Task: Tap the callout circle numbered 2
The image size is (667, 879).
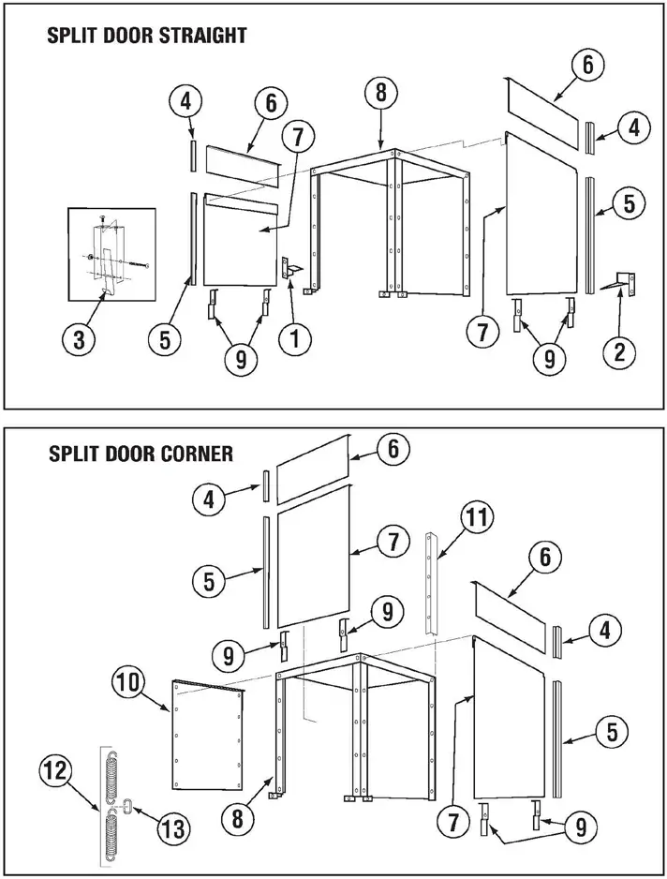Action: pos(619,351)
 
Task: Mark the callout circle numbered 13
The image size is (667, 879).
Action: pos(174,827)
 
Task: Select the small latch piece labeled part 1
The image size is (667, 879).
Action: pos(289,269)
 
